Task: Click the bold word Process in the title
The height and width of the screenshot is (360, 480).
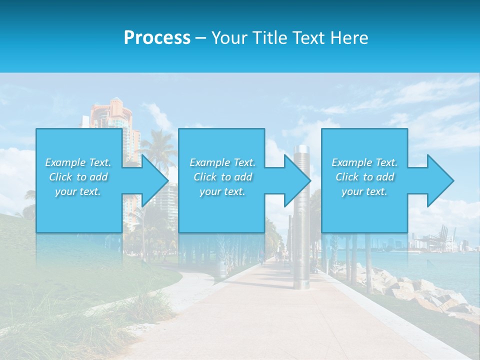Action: (x=157, y=38)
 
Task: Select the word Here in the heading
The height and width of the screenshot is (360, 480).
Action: (x=350, y=38)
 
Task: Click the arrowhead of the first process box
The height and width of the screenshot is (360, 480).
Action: (x=153, y=181)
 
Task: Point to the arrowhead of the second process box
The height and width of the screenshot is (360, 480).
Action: (x=296, y=181)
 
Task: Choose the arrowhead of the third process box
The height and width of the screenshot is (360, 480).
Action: (x=439, y=181)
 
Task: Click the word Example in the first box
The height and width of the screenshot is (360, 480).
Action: (x=65, y=162)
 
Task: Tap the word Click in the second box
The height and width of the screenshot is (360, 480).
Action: (x=205, y=177)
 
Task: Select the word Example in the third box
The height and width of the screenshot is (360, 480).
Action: (x=352, y=162)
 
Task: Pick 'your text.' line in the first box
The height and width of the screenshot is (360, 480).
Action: (x=78, y=191)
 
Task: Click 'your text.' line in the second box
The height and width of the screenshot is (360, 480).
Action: (x=222, y=191)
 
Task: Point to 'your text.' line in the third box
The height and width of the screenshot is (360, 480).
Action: (x=364, y=191)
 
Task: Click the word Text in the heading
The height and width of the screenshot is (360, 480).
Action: (x=308, y=38)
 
